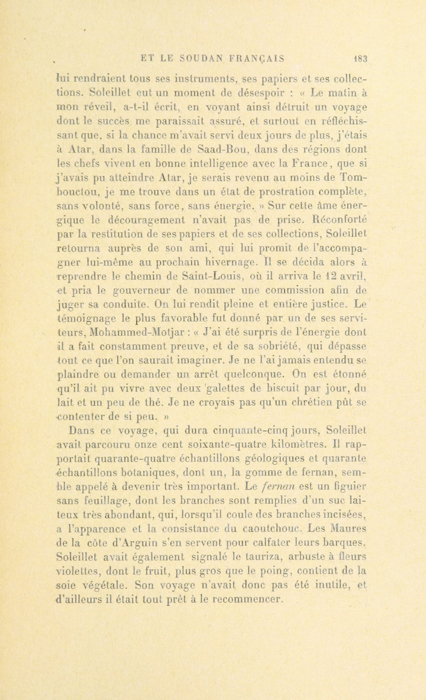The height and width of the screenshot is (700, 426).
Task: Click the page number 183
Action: (360, 58)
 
